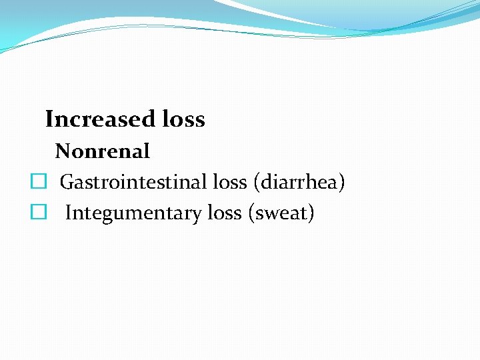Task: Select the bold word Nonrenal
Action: [103, 151]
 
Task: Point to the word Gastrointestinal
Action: [134, 182]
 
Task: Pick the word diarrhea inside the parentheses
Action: [298, 182]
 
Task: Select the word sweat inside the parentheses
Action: [280, 213]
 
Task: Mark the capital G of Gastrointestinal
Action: [66, 182]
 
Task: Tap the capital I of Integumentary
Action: [69, 213]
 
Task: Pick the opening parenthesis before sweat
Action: [251, 213]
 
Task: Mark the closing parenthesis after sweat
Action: [310, 213]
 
